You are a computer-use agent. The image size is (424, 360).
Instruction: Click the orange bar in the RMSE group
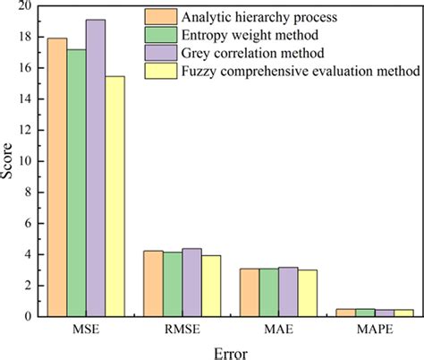coord(153,284)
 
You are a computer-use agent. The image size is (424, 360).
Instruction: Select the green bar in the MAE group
coord(268,292)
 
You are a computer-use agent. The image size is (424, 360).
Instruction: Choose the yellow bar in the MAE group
coord(307,293)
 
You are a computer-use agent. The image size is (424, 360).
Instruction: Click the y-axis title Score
coord(8,161)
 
